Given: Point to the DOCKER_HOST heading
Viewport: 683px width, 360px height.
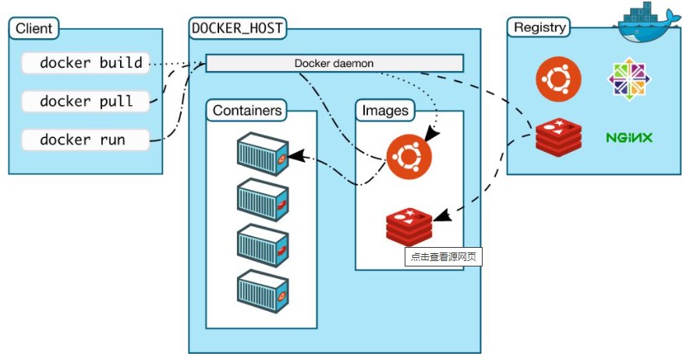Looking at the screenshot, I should pyautogui.click(x=237, y=28).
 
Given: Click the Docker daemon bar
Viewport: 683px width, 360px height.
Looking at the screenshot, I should pyautogui.click(x=334, y=63).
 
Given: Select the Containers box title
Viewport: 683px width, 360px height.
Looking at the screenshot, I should pyautogui.click(x=246, y=110).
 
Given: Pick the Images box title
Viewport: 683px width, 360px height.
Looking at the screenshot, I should pyautogui.click(x=385, y=110).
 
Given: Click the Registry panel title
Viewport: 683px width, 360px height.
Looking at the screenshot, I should pyautogui.click(x=540, y=27).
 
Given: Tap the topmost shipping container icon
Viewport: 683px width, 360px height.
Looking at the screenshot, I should pyautogui.click(x=263, y=154).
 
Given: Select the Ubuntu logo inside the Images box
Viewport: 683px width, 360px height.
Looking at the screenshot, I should pyautogui.click(x=409, y=155).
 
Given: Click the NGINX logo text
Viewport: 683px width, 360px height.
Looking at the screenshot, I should pyautogui.click(x=629, y=138).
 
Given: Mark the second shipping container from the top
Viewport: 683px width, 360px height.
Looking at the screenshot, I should pyautogui.click(x=263, y=200).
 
